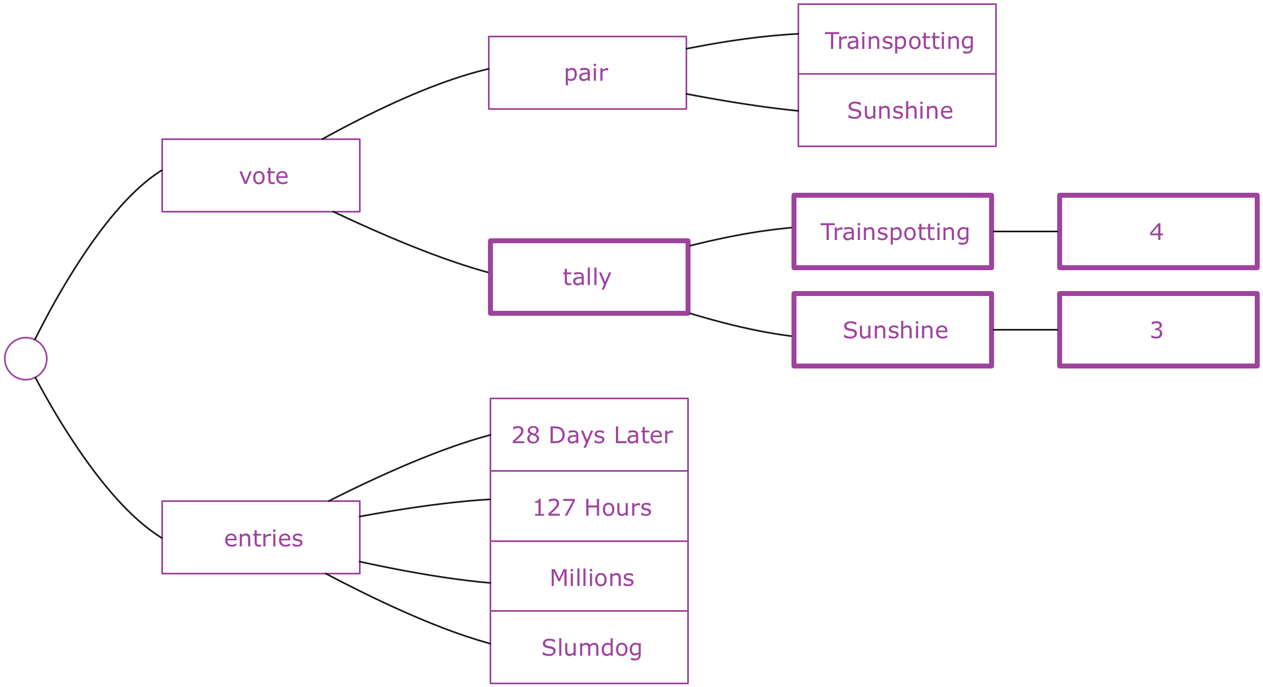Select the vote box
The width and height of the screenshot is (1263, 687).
click(x=261, y=175)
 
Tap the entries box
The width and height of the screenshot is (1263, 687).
click(x=261, y=537)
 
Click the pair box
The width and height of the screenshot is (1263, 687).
click(x=587, y=73)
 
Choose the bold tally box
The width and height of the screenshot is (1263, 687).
click(x=589, y=277)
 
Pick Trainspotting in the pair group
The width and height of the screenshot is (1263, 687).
click(x=897, y=39)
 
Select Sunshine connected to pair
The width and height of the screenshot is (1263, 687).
click(x=897, y=110)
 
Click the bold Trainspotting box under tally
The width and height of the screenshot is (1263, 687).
click(x=892, y=231)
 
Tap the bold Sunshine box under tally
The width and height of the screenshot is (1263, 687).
click(x=892, y=329)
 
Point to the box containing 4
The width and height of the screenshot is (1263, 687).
click(x=1158, y=231)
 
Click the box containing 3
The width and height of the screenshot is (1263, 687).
click(x=1158, y=329)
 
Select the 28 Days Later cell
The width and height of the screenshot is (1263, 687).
click(x=589, y=434)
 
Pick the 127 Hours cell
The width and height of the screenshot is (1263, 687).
click(x=589, y=506)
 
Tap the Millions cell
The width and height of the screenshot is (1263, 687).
click(x=589, y=576)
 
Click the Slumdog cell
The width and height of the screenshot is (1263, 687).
click(x=589, y=647)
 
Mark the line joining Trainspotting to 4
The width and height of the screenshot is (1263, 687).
click(x=1025, y=231)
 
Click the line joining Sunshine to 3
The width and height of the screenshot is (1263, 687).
click(x=1025, y=329)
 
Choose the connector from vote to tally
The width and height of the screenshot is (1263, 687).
click(x=409, y=245)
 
